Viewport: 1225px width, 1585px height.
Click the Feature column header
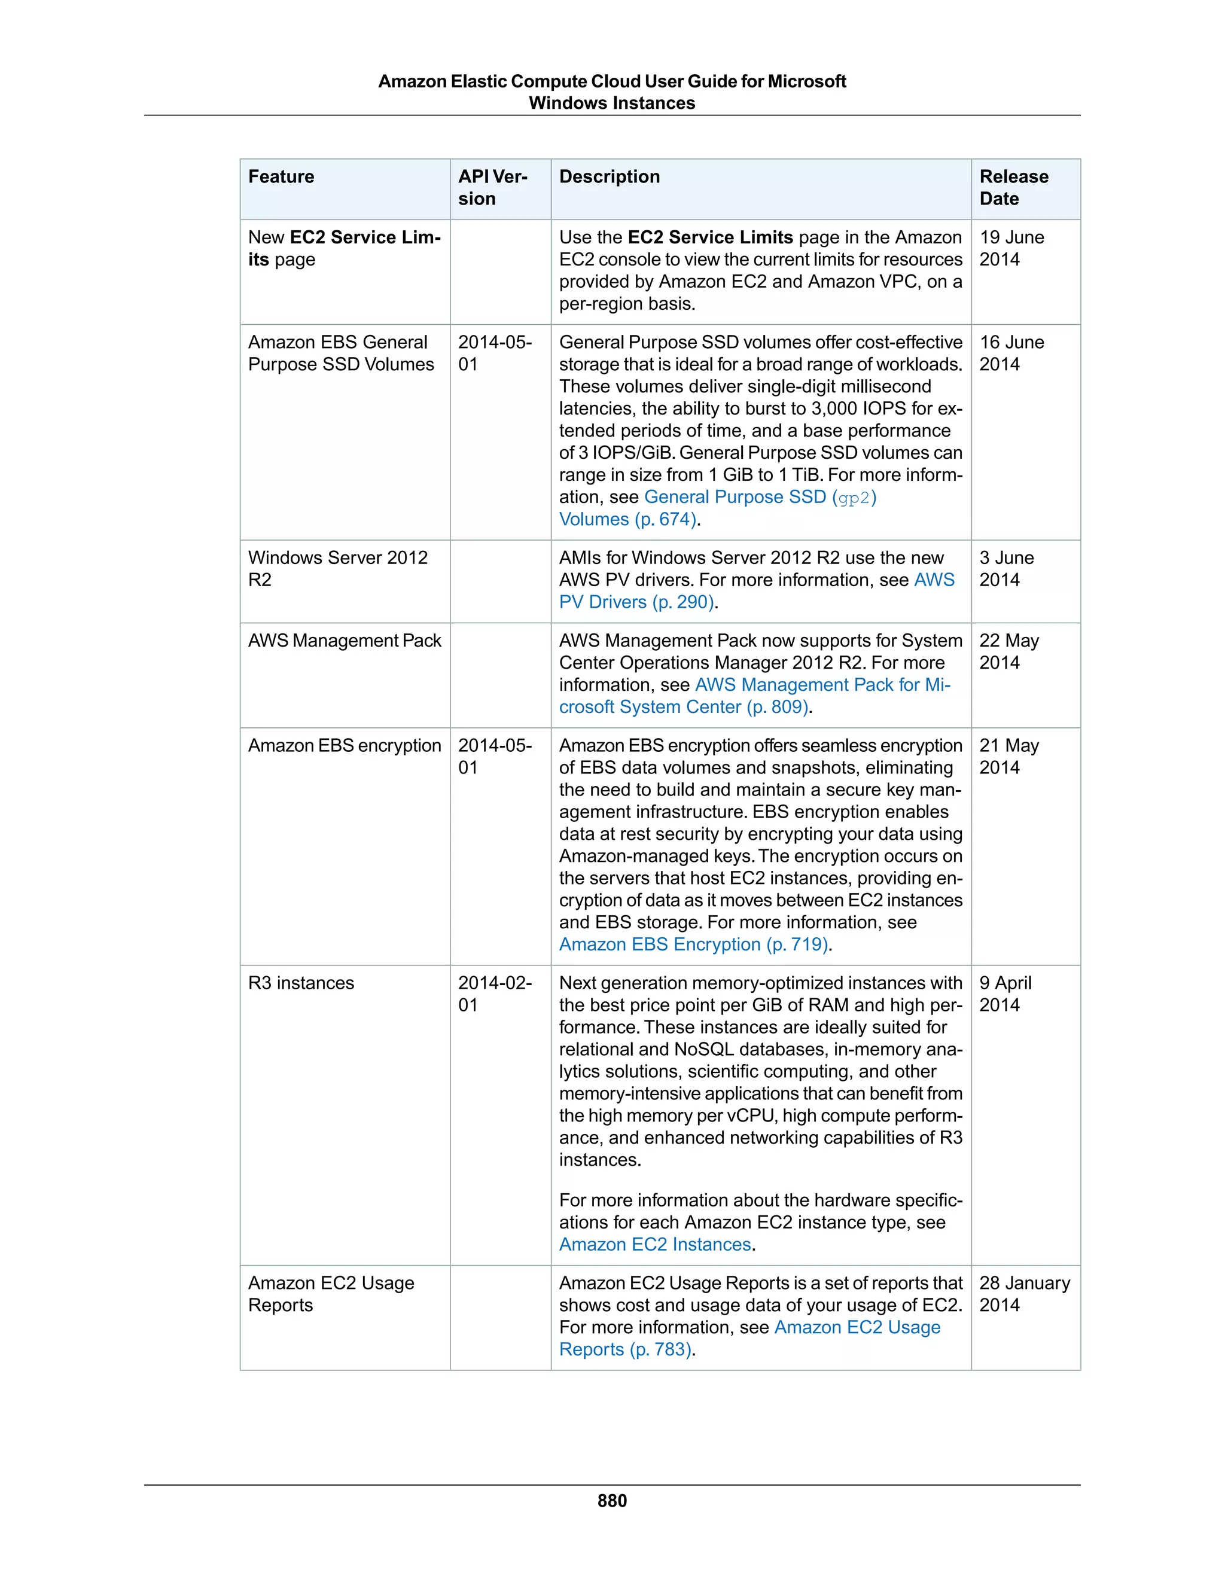[x=282, y=177]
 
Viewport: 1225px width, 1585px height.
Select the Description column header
[x=610, y=177]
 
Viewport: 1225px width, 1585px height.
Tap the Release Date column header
[x=1013, y=188]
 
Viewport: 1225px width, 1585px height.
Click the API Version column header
[x=492, y=188]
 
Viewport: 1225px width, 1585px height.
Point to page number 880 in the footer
[x=612, y=1501]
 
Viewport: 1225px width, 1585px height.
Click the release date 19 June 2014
[x=1011, y=248]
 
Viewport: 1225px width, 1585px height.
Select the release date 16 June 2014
[x=1011, y=353]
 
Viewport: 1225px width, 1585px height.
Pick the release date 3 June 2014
[x=1007, y=569]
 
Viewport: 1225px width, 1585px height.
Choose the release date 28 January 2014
[x=1024, y=1294]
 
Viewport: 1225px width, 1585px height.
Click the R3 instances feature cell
[x=301, y=983]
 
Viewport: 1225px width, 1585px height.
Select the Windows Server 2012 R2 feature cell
[x=337, y=569]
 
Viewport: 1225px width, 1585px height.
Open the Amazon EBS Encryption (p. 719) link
[x=694, y=945]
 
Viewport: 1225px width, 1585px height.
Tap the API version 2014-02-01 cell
[x=494, y=994]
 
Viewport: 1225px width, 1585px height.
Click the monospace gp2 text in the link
[x=854, y=498]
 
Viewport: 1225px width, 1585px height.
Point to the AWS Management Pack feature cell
[x=345, y=641]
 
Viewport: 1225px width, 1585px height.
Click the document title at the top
[x=612, y=92]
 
